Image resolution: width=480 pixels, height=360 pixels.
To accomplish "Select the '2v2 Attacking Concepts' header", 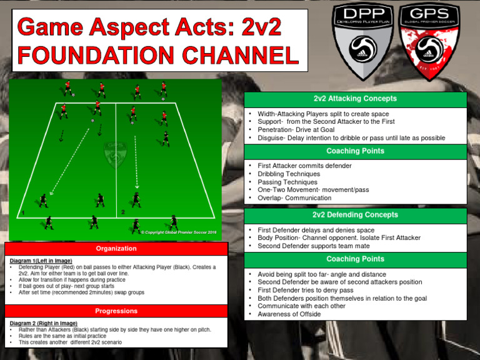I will point(354,99).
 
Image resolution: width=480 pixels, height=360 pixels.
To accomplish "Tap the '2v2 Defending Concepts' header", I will point(354,215).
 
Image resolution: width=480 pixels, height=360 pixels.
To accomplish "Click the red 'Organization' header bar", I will point(116,248).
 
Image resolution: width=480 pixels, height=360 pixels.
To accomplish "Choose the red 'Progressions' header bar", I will point(116,311).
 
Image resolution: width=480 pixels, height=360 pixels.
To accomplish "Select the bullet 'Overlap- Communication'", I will point(294,198).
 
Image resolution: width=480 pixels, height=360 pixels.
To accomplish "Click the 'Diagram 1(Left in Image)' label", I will point(41,261).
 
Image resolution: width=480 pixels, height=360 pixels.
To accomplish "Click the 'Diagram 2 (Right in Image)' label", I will point(43,323).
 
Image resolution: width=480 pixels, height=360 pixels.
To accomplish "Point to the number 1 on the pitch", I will point(22,214).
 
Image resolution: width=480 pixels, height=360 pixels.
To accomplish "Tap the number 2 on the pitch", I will point(123,212).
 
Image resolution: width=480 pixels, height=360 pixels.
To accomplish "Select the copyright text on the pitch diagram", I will point(178,232).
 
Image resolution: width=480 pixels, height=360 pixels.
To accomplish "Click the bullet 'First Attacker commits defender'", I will point(304,166).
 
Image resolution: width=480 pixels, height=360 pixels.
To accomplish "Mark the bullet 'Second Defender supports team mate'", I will point(314,246).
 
